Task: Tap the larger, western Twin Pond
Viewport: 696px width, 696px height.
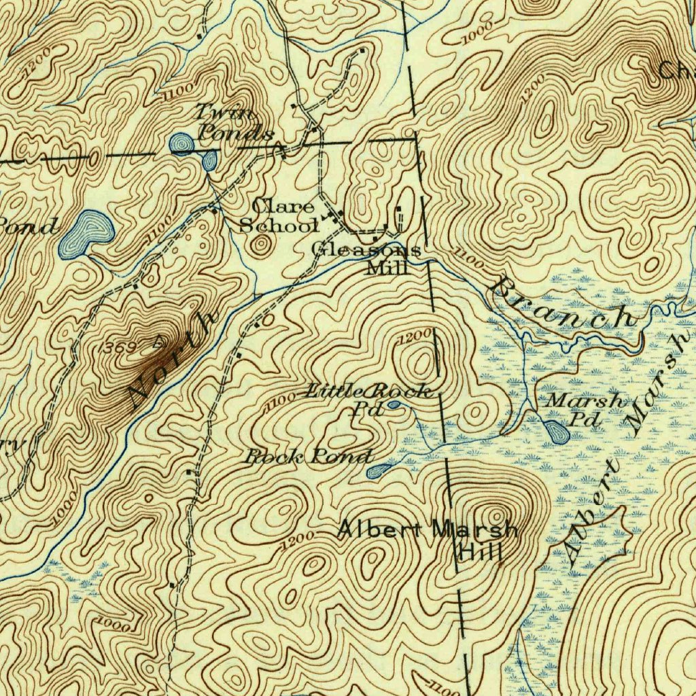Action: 181,143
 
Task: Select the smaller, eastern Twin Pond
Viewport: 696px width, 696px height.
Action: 209,160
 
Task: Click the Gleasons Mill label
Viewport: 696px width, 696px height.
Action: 368,258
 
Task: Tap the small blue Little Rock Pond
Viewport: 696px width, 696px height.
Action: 394,406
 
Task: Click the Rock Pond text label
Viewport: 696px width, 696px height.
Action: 309,457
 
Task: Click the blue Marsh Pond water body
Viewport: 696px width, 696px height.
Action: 557,430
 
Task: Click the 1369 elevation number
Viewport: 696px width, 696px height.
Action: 116,347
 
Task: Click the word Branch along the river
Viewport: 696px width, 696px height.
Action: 564,304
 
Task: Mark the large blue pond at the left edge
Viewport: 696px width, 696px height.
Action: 85,234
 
